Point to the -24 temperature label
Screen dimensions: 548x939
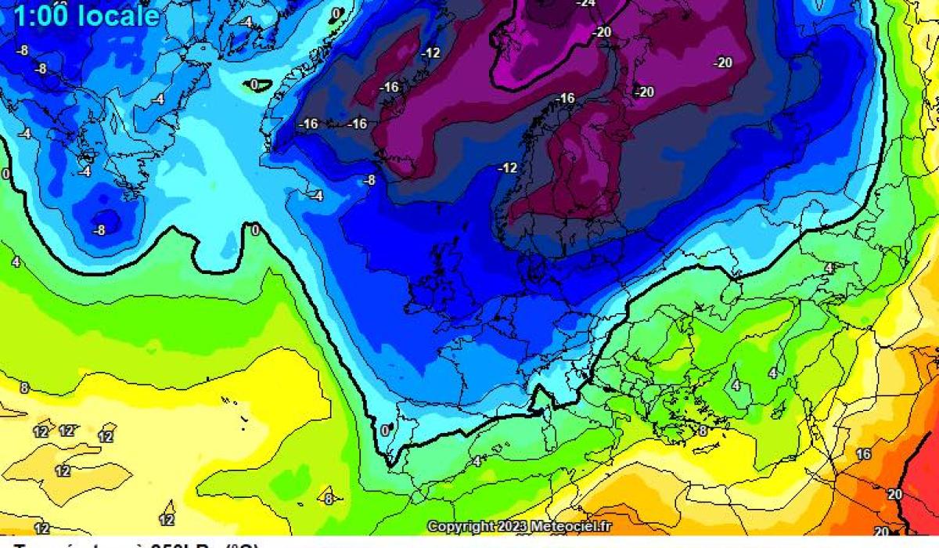pos(585,3)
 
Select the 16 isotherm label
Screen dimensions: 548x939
pos(863,454)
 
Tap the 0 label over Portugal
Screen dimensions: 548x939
pos(384,430)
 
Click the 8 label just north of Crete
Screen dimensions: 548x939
pos(703,431)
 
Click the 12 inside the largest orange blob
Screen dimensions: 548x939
pos(63,471)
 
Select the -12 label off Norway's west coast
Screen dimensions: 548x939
pos(509,168)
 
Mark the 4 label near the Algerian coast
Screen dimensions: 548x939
pos(476,461)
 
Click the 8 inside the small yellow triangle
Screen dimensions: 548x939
pos(329,499)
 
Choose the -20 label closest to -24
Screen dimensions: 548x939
pos(602,32)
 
